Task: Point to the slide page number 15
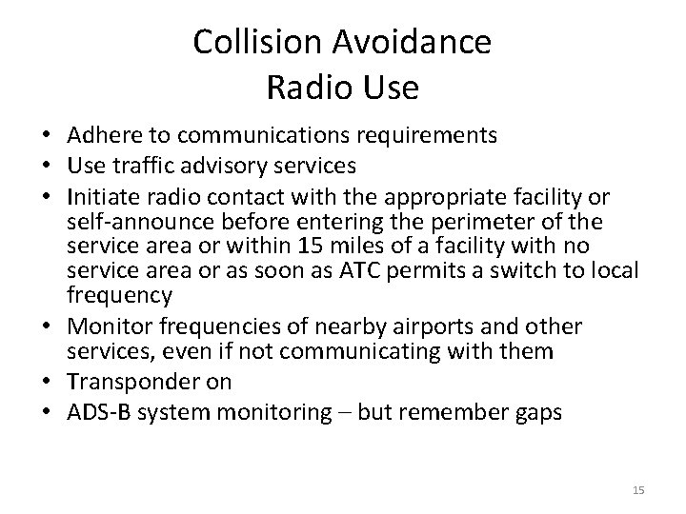(x=638, y=489)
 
